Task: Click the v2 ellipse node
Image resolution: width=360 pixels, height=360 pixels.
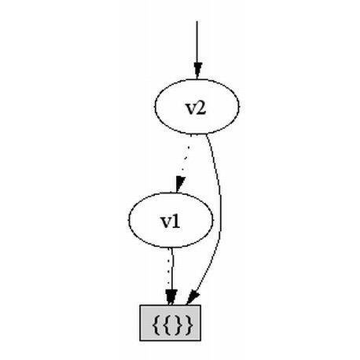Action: coord(197,106)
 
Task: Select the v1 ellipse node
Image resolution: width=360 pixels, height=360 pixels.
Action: coord(171,220)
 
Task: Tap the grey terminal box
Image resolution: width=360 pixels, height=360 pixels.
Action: coord(171,323)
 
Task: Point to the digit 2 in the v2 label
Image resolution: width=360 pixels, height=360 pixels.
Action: coord(200,108)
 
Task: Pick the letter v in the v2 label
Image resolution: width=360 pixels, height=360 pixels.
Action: coord(191,110)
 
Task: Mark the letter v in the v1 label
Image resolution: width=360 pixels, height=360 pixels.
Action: coord(166,224)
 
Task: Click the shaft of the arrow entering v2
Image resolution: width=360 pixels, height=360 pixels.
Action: coord(197,42)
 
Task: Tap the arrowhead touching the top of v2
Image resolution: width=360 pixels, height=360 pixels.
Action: coord(198,70)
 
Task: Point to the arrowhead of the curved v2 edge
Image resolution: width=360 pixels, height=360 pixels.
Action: coord(193,299)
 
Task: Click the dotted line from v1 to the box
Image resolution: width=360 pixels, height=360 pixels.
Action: coord(168,270)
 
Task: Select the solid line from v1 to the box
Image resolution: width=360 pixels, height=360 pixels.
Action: coord(172,269)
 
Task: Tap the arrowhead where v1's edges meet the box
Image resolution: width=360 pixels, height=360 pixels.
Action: coord(171,297)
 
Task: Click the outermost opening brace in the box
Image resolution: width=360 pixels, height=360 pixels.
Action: coord(156,325)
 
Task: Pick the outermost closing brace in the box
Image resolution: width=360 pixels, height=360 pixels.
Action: coord(189,325)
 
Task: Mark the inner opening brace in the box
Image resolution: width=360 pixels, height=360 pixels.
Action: coord(167,325)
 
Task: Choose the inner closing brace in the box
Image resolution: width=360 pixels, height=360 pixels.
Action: coord(178,325)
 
